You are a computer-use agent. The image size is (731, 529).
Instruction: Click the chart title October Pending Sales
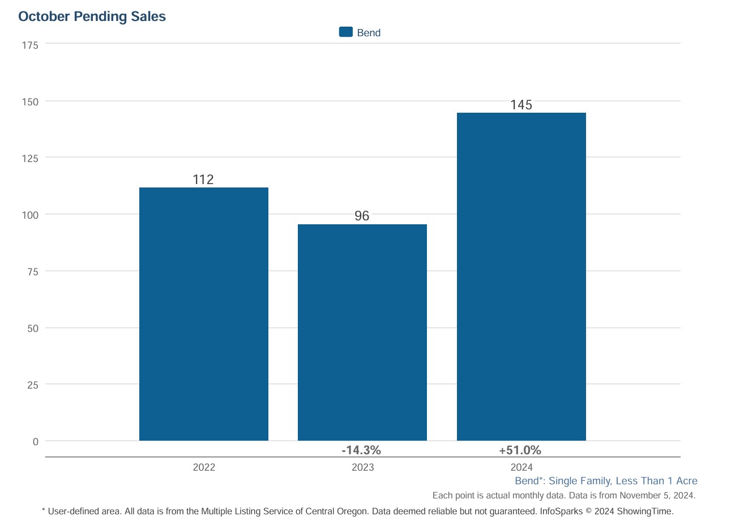92,16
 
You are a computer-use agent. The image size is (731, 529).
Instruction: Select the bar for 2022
203,314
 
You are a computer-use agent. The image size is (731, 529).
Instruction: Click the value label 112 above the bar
203,180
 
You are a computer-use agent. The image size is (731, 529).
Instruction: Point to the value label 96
362,216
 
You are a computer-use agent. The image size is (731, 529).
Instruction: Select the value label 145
521,105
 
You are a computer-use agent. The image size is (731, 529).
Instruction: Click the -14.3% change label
361,450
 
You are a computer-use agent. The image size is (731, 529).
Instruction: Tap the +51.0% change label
520,450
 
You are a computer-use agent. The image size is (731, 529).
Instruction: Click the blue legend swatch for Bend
345,32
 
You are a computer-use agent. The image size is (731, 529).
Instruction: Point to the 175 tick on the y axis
30,45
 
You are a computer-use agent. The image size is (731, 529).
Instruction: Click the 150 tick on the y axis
30,102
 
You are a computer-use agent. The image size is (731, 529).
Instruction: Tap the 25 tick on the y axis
33,385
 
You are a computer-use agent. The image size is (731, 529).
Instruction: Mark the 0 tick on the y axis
35,442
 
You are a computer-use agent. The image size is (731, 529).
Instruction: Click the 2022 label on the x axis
204,467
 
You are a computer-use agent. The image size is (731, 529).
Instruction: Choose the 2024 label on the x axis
521,467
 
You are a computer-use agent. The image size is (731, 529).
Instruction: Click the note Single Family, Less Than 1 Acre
623,481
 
